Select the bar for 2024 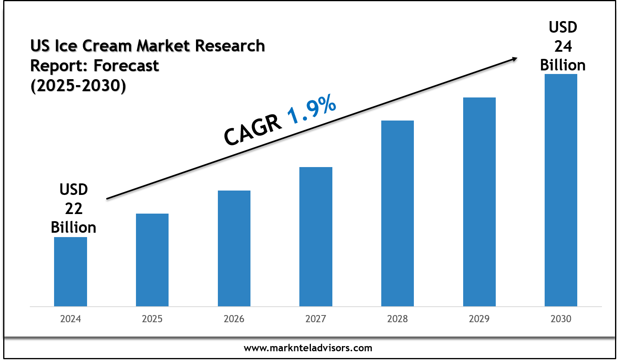click(x=70, y=272)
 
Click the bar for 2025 click(x=152, y=260)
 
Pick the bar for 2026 click(x=234, y=248)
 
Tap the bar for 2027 click(x=316, y=237)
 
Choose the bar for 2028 click(x=398, y=213)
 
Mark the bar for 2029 click(x=479, y=202)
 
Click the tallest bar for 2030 click(x=561, y=190)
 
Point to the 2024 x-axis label click(x=70, y=319)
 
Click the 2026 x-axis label click(x=234, y=319)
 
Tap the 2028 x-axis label click(x=398, y=319)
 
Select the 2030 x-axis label click(x=561, y=319)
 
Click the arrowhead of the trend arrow click(x=514, y=59)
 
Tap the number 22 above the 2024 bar click(x=74, y=208)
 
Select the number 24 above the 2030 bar click(x=563, y=47)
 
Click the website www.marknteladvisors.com click(x=308, y=348)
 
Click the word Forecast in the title click(x=126, y=66)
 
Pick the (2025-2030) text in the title click(x=78, y=85)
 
